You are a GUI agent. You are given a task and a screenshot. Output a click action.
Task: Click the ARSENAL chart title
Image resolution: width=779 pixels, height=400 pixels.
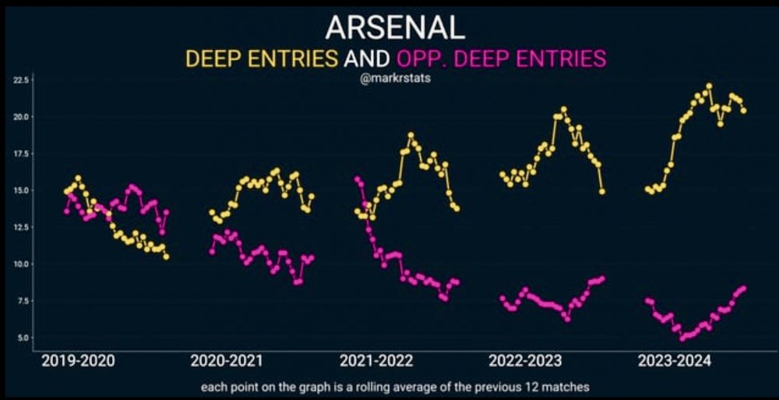coord(395,27)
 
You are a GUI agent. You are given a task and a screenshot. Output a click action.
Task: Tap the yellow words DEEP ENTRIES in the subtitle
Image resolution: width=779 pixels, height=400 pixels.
coord(260,58)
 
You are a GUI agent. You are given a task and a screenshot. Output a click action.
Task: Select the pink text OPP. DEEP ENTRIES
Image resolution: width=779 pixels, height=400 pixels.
coord(502,58)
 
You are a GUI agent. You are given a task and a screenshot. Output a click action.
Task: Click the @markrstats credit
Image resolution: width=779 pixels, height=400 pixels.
coord(394,79)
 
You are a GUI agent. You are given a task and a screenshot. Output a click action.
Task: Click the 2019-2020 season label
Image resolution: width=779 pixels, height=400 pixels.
coord(78,361)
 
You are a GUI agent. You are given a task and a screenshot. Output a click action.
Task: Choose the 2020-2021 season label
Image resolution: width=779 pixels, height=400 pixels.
coord(227,361)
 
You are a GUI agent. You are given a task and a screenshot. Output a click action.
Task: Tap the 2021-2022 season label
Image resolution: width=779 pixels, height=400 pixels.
coord(376,361)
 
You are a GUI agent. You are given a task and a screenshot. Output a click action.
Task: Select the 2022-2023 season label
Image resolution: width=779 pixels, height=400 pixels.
coord(526,361)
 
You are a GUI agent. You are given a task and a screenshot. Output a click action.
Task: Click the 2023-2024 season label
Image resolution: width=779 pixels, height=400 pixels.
coord(675,361)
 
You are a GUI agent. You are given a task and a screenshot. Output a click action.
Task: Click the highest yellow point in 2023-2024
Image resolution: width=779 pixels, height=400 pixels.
coord(709,86)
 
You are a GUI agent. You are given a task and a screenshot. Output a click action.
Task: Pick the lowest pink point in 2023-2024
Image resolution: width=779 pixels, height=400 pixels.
coord(682,338)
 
